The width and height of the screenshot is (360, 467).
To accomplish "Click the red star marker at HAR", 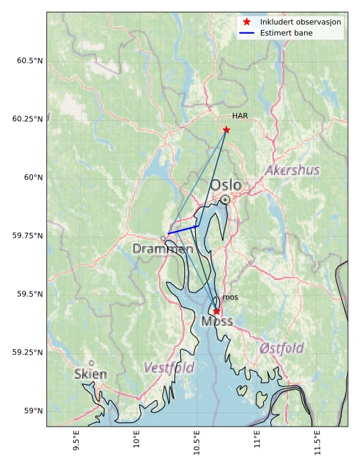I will coord(226,130).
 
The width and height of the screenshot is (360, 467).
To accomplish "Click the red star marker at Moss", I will coord(216,311).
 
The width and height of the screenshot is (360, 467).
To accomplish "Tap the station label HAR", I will coord(240,116).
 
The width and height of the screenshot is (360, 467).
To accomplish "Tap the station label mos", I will coord(230,297).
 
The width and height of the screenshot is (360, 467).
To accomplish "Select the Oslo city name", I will coord(225,185).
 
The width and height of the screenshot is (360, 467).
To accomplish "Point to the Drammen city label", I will coord(163,249).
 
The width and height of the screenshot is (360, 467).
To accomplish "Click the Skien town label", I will coord(90,373).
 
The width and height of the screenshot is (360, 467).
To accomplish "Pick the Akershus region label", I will coord(292,170).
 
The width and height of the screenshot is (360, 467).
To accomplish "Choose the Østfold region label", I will coord(281,349).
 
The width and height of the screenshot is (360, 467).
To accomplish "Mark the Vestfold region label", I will coord(169,368).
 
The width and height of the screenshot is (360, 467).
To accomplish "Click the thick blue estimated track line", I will coord(183,229).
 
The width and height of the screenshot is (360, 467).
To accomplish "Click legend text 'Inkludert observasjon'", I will coord(300,22).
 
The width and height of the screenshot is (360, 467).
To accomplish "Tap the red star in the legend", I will coord(247,22).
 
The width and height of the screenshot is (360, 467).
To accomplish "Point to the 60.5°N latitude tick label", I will coord(28,61).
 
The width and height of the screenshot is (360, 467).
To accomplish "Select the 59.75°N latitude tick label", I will coord(26,236).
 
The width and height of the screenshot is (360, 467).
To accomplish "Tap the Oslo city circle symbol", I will coord(225,200).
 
